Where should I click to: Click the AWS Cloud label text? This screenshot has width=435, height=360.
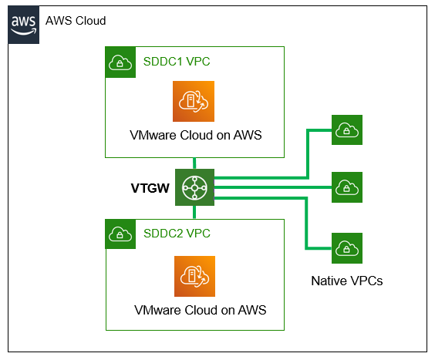[76, 20]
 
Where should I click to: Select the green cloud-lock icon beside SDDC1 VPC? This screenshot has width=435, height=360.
[120, 62]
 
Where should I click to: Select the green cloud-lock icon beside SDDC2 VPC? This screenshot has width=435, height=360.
[120, 234]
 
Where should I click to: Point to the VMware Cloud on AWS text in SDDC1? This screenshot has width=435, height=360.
[194, 136]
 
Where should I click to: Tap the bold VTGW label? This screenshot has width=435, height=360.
[150, 187]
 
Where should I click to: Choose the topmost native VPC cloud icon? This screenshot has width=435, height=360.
[346, 130]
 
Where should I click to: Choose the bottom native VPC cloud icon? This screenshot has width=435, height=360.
[346, 247]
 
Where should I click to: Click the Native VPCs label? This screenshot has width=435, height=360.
[346, 281]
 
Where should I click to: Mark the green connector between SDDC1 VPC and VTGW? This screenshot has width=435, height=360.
[194, 163]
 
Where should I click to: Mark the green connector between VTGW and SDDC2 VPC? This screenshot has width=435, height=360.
[194, 211]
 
